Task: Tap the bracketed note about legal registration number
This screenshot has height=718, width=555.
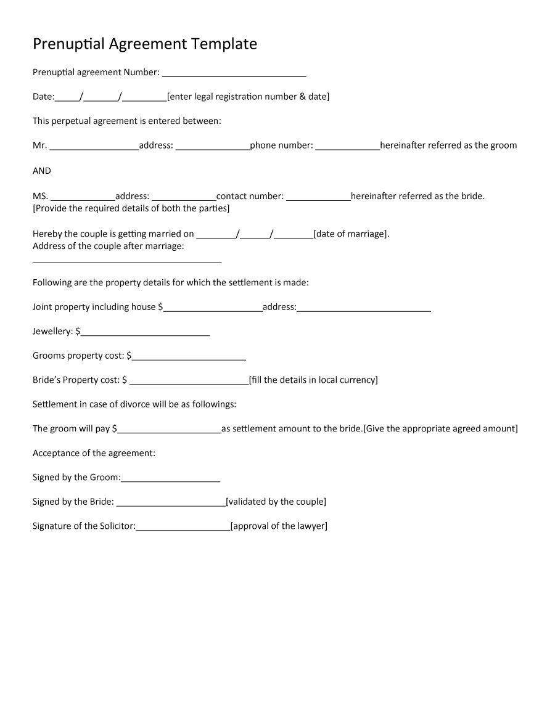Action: pyautogui.click(x=249, y=97)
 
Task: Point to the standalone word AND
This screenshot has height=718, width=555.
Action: pyautogui.click(x=42, y=171)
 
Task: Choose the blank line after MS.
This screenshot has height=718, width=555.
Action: pyautogui.click(x=83, y=198)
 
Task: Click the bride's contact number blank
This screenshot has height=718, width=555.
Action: pyautogui.click(x=319, y=198)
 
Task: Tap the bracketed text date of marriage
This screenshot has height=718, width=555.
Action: pyautogui.click(x=351, y=234)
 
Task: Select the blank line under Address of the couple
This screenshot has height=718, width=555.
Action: pyautogui.click(x=126, y=261)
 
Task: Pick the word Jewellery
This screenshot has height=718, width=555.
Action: pyautogui.click(x=52, y=332)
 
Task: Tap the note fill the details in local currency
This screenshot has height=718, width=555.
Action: pyautogui.click(x=313, y=380)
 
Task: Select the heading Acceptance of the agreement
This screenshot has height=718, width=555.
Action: pyautogui.click(x=94, y=453)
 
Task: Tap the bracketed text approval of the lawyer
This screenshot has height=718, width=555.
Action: pyautogui.click(x=279, y=526)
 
